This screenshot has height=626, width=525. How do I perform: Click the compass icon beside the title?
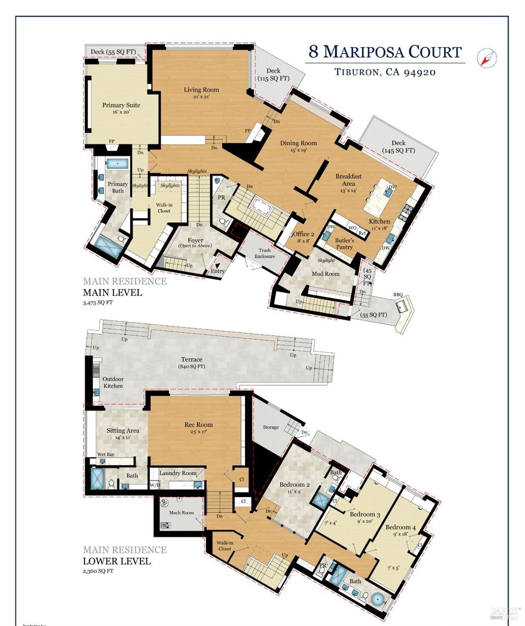click(x=487, y=58)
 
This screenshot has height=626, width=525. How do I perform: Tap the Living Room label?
click(x=201, y=90)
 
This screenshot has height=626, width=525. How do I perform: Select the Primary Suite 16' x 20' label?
click(x=121, y=108)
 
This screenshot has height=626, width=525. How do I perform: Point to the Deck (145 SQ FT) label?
click(x=398, y=147)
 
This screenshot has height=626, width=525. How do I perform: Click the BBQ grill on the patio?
click(x=403, y=308)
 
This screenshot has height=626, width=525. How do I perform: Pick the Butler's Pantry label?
click(x=344, y=243)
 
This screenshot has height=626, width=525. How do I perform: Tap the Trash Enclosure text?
click(x=265, y=253)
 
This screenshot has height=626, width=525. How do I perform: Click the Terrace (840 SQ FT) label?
click(x=192, y=362)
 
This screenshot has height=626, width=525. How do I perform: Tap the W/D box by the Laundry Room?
click(x=154, y=485)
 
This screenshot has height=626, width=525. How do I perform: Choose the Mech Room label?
click(x=182, y=512)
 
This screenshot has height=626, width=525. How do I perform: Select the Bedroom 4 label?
click(x=400, y=527)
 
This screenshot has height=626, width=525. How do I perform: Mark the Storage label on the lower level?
click(x=271, y=427)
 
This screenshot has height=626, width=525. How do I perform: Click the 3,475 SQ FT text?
click(x=98, y=302)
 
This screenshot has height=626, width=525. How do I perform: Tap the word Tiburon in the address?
click(x=357, y=72)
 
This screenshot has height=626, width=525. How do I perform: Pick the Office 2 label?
click(x=303, y=234)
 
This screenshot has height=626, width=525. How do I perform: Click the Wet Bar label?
click(x=106, y=454)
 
